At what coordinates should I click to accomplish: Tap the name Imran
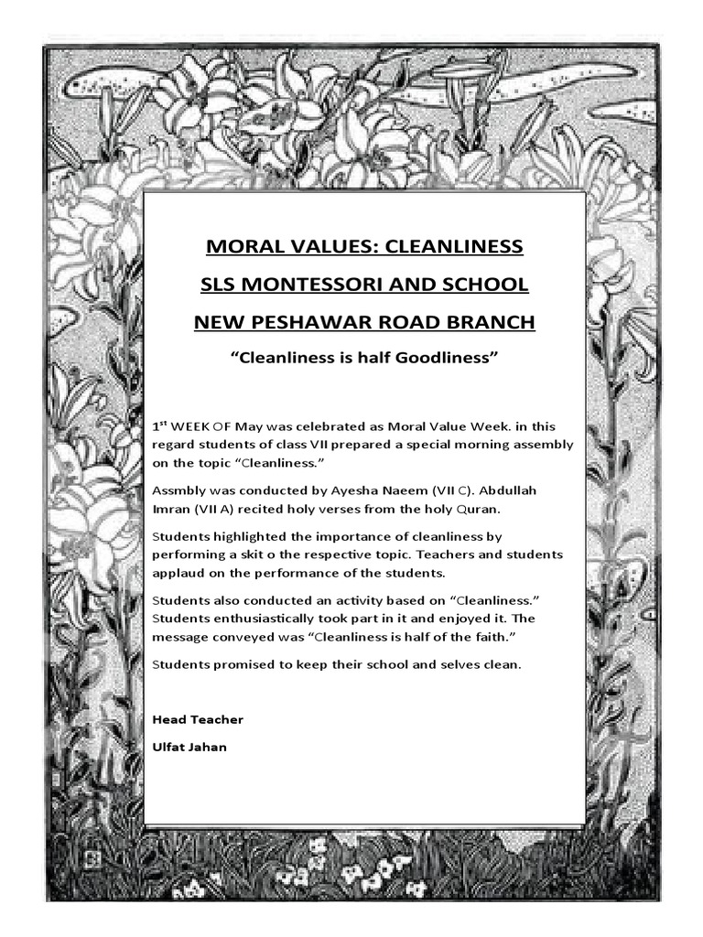pyautogui.click(x=171, y=508)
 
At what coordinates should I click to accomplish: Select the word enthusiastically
pyautogui.click(x=252, y=619)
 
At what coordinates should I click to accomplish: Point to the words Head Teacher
pyautogui.click(x=198, y=719)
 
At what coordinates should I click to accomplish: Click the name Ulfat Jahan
pyautogui.click(x=189, y=747)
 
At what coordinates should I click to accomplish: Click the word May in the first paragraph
pyautogui.click(x=248, y=426)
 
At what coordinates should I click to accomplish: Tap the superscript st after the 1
pyautogui.click(x=164, y=422)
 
